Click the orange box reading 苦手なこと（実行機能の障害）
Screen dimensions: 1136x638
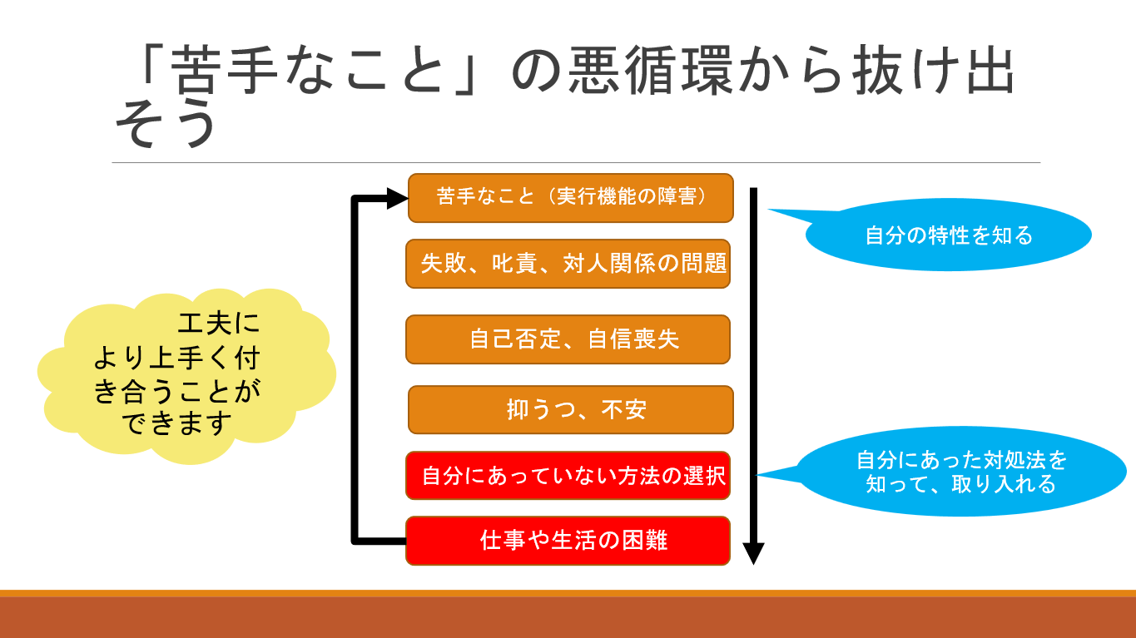[x=571, y=198]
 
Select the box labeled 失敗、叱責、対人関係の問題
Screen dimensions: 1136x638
[x=568, y=264]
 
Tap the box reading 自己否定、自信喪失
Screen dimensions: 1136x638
[x=568, y=339]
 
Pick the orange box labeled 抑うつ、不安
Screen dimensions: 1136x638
[x=571, y=409]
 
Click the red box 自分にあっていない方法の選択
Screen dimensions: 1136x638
[x=568, y=475]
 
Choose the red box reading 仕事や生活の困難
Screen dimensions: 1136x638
[x=568, y=541]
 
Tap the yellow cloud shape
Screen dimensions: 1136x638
[x=186, y=376]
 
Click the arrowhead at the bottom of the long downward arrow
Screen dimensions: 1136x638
[x=754, y=553]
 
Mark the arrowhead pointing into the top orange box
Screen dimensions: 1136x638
[x=398, y=198]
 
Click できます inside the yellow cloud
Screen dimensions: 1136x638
[x=176, y=423]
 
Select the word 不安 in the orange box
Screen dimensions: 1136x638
[x=624, y=409]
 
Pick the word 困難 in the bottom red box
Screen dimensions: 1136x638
[x=645, y=540]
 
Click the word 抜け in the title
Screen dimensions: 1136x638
[x=908, y=70]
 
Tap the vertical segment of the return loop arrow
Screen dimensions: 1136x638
[x=355, y=370]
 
